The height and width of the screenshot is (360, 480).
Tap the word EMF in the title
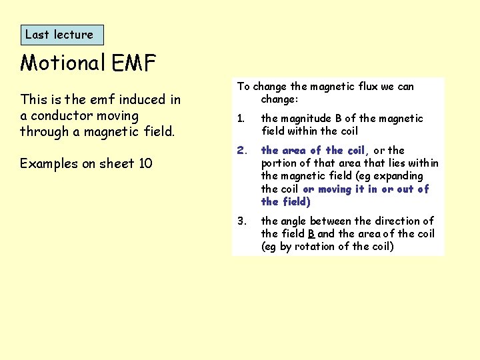[x=133, y=63]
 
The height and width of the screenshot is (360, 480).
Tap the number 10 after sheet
[x=145, y=163]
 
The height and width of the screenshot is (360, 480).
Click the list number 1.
[x=241, y=119]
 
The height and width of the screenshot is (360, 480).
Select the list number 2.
[x=241, y=151]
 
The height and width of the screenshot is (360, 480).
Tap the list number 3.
[x=241, y=221]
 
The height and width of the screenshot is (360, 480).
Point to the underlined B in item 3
[x=311, y=233]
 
